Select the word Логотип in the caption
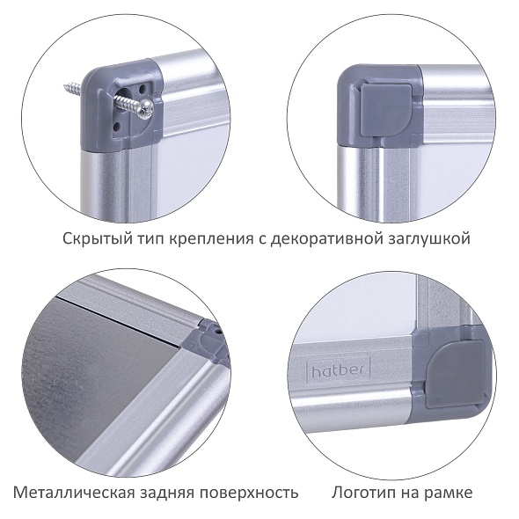[363, 493]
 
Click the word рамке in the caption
[449, 493]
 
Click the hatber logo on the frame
[337, 369]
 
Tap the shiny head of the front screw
[146, 108]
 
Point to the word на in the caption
[410, 493]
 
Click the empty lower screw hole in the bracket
[117, 126]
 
